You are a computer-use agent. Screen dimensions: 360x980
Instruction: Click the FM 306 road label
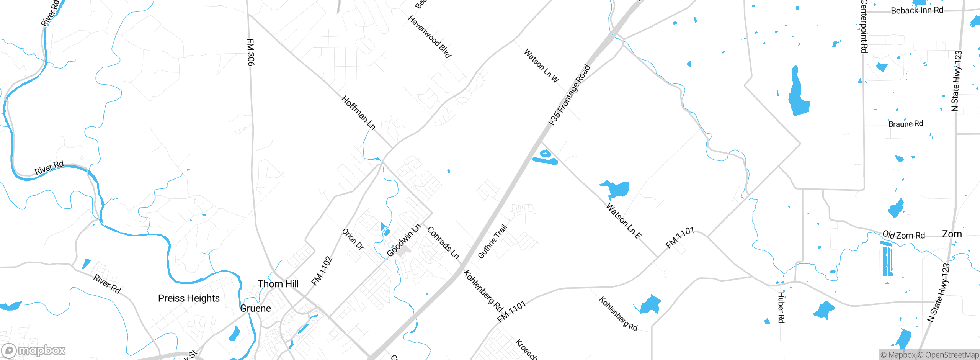click(x=250, y=52)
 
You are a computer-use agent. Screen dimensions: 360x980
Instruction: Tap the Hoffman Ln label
click(x=358, y=113)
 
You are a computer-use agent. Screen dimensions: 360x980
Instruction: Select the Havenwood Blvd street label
click(x=430, y=37)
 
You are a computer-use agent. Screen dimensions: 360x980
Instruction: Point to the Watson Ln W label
click(x=541, y=65)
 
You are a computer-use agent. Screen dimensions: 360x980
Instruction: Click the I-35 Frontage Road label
click(x=570, y=95)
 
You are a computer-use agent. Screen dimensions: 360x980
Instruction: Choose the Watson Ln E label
click(x=624, y=221)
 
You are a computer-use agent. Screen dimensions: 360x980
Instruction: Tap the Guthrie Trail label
click(x=492, y=241)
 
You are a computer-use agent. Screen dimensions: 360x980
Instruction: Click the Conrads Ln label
click(x=443, y=243)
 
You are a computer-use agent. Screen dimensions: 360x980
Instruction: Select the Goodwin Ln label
click(x=403, y=241)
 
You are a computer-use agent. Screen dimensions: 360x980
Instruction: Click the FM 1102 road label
click(x=322, y=271)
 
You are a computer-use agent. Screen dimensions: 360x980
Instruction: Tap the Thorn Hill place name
click(x=278, y=284)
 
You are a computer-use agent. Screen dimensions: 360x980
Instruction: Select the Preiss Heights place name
click(x=189, y=298)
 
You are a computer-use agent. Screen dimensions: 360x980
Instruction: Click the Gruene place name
click(x=255, y=308)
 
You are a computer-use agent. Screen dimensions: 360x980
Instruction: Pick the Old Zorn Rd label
click(x=903, y=235)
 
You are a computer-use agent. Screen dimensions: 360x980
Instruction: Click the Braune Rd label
click(x=906, y=124)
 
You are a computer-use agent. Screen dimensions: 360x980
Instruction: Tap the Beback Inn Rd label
click(x=917, y=10)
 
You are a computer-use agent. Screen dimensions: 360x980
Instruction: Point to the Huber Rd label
click(x=781, y=308)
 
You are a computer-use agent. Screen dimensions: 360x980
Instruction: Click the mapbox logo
click(x=34, y=350)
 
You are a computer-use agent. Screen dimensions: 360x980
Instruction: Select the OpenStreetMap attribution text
click(x=952, y=355)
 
